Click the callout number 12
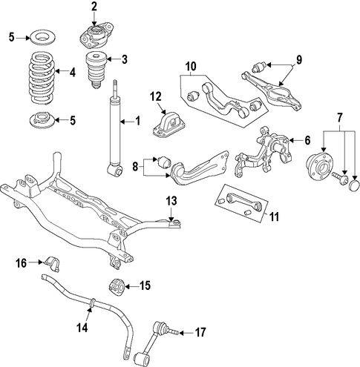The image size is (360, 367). click(x=156, y=96)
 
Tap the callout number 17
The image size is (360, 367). click(x=200, y=332)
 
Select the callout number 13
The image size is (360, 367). click(x=171, y=201)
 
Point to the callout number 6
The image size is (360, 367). click(x=307, y=140)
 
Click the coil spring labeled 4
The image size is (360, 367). click(x=40, y=78)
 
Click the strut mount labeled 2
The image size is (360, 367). click(x=97, y=36)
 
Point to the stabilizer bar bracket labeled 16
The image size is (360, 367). click(x=53, y=264)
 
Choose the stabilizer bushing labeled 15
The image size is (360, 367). click(x=117, y=287)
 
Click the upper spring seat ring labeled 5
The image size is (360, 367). click(x=42, y=38)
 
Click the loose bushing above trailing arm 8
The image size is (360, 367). click(x=165, y=162)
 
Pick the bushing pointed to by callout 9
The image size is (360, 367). click(x=258, y=67)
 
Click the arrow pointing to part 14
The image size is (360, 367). click(x=90, y=309)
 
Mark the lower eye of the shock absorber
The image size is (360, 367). click(x=115, y=171)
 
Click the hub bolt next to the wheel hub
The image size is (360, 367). click(x=340, y=177)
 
